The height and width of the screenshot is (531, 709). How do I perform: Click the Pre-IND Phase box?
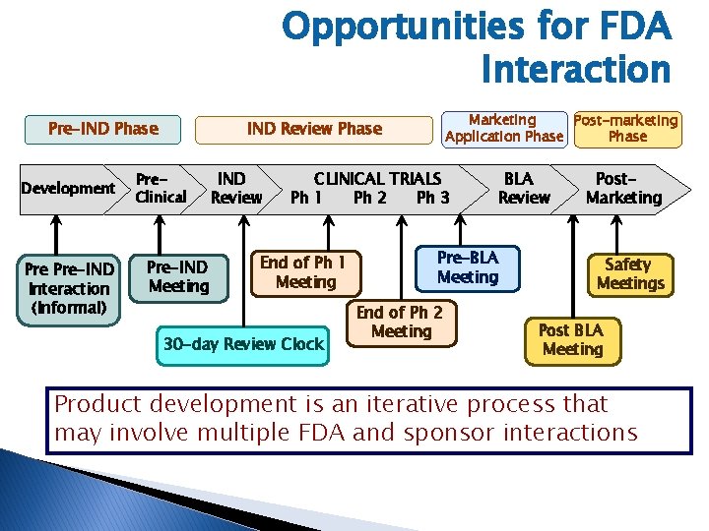tap(103, 129)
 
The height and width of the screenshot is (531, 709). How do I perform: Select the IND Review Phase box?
tap(313, 129)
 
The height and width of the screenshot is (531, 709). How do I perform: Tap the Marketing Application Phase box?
tap(503, 128)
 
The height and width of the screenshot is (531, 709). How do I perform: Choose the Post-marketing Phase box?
tap(626, 128)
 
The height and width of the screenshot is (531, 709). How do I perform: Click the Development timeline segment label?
tap(68, 188)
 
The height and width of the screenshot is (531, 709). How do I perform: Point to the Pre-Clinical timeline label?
tap(161, 188)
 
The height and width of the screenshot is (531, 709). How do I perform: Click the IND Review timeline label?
tap(235, 188)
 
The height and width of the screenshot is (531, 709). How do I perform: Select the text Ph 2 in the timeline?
tap(369, 198)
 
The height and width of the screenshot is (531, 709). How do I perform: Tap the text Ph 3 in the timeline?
tap(432, 198)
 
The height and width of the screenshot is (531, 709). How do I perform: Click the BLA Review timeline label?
tap(522, 188)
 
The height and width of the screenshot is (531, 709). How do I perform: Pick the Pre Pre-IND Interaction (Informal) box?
tap(68, 288)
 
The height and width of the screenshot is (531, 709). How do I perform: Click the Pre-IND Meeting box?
tap(178, 276)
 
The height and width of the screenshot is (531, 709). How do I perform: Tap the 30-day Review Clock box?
tap(242, 344)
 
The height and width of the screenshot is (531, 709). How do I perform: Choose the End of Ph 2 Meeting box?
tap(400, 323)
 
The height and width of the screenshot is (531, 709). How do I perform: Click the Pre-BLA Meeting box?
tap(468, 267)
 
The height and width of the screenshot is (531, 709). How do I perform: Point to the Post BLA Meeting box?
tap(572, 339)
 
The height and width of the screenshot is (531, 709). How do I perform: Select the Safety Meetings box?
tap(629, 274)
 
